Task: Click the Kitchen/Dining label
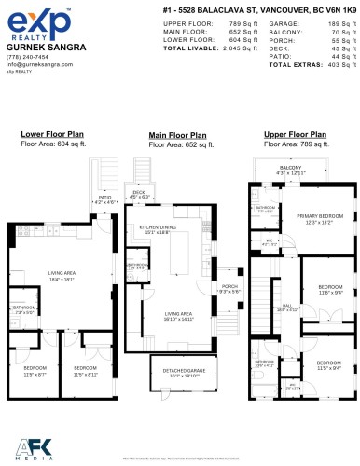(157, 227)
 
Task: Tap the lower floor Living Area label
(62, 273)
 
